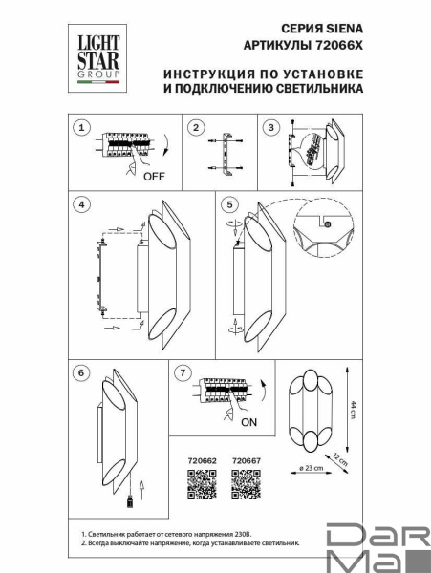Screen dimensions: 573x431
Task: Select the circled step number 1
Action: click(x=82, y=127)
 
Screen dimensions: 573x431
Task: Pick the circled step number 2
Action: click(x=195, y=127)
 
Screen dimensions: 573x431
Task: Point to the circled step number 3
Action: click(x=271, y=127)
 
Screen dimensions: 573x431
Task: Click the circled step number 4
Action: click(x=83, y=204)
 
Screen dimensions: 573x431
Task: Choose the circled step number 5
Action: click(x=229, y=204)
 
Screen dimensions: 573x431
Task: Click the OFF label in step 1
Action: click(x=153, y=177)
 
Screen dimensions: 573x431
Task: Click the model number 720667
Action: click(x=247, y=460)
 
